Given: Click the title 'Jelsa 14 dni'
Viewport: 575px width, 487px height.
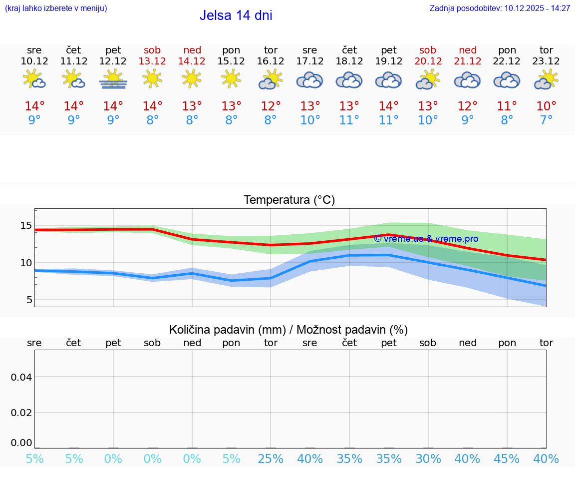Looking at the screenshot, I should tap(236, 15).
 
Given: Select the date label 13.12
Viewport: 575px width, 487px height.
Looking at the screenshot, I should tap(152, 61).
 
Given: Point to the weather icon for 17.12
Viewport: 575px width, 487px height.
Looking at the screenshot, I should tap(309, 80).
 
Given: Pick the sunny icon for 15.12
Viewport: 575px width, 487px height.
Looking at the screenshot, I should tap(231, 79).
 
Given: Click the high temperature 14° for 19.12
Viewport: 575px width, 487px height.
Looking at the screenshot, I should tap(388, 106).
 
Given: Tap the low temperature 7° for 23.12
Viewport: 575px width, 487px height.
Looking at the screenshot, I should tap(546, 120).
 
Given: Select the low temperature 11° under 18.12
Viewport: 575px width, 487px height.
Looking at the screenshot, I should tap(349, 120).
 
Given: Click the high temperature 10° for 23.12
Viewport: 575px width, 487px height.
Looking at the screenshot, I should tap(546, 106).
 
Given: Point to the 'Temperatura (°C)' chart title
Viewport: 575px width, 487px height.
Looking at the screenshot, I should tap(289, 200).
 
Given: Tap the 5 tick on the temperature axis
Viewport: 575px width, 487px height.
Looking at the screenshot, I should tap(29, 300).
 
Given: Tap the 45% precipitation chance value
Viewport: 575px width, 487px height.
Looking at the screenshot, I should tap(507, 459).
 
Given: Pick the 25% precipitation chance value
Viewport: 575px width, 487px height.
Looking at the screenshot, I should tap(271, 459).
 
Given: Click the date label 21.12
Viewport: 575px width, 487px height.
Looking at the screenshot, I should tap(467, 61).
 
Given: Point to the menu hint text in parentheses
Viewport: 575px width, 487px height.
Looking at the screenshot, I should tap(56, 8).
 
